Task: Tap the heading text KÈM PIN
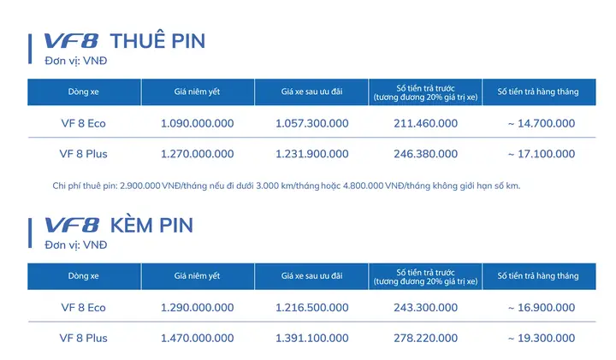click(x=152, y=226)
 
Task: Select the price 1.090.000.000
click(x=197, y=123)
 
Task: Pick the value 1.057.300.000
click(x=311, y=123)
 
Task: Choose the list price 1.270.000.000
click(x=197, y=154)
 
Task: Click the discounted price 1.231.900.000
click(x=311, y=154)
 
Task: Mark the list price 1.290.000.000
click(x=197, y=307)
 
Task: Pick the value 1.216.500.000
click(x=311, y=307)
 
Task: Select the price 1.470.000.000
click(x=197, y=338)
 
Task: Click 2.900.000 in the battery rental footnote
click(x=136, y=186)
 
